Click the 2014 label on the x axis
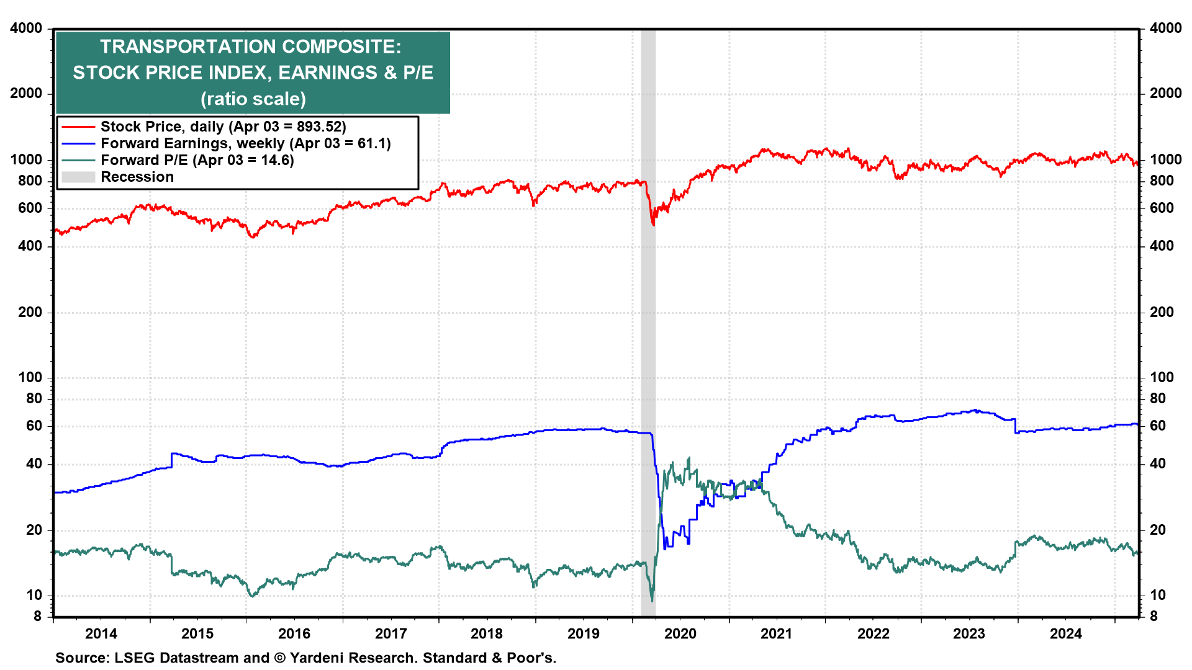coord(101,633)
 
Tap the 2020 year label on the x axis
coord(680,633)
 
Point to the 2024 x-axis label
coord(1065,633)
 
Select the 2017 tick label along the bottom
coord(391,633)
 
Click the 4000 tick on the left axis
coord(26,28)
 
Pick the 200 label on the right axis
coord(1162,312)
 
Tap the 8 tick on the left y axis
coord(37,616)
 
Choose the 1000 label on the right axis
coord(1165,159)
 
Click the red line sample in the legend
coord(78,127)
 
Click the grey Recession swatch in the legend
coord(78,177)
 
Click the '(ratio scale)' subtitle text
coord(253,99)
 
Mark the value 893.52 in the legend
coord(318,127)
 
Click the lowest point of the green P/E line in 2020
coord(652,601)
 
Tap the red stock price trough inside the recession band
coord(653,224)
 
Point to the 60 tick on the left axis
coord(34,426)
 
